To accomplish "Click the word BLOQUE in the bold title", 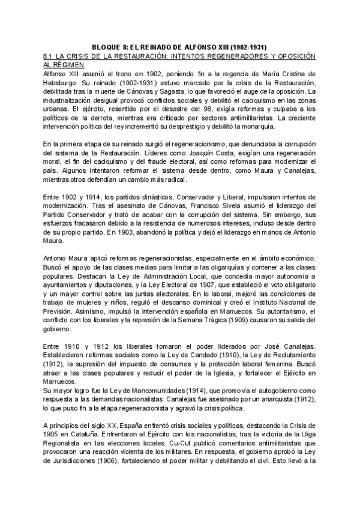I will coord(109,46).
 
